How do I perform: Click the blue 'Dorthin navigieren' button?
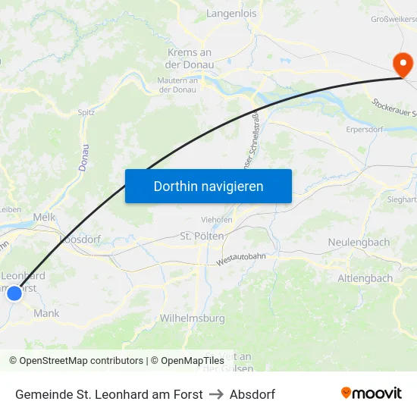pos(208,186)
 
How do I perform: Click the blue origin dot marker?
pos(14,293)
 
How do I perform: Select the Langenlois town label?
pos(231,14)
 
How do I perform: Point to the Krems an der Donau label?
pos(190,58)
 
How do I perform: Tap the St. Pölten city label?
pos(202,236)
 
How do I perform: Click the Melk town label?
pos(44,217)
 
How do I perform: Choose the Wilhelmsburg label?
pos(193,318)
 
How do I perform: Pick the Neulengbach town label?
pos(359,242)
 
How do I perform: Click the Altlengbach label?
pos(365,278)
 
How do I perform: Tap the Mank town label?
pos(46,313)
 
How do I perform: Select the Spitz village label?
pos(86,112)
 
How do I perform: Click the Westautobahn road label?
pos(240,259)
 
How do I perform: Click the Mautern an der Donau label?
pos(177,85)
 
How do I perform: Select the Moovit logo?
pos(372,393)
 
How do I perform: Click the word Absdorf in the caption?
pos(252,394)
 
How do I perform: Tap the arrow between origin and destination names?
pos(216,394)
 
